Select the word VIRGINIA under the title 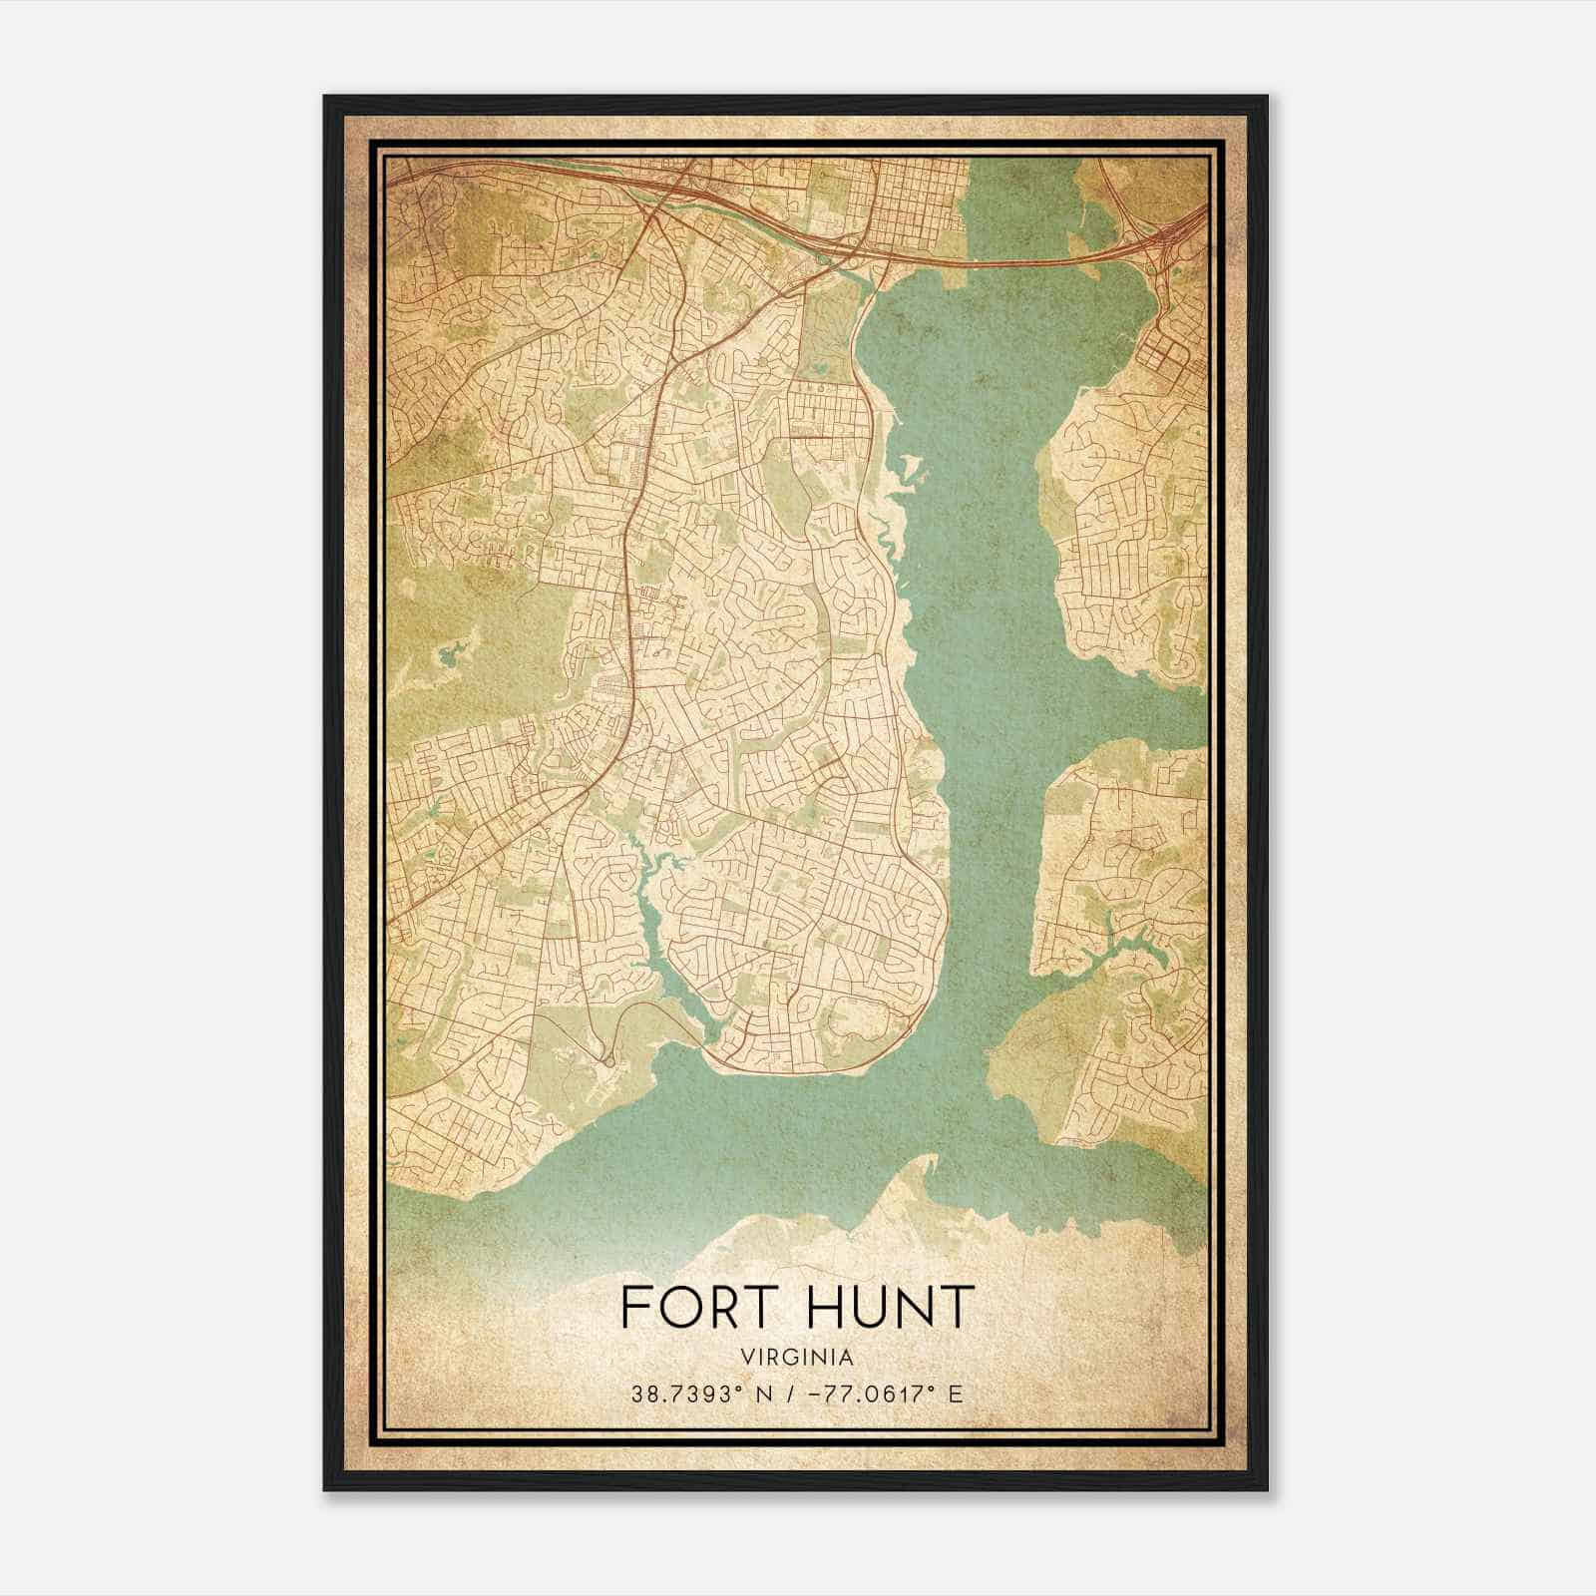click(797, 1358)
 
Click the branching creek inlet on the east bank click(1117, 948)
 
